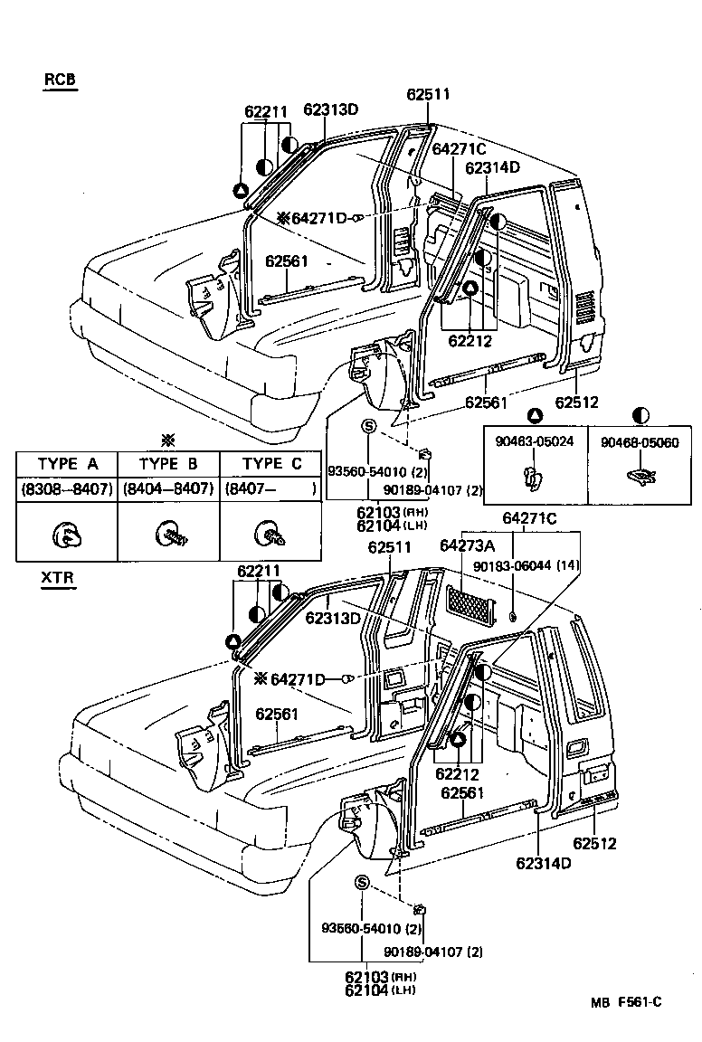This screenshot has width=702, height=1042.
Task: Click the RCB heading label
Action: (60, 80)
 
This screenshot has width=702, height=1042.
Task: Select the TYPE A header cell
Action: (67, 464)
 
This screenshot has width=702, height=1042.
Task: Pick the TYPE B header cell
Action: (168, 464)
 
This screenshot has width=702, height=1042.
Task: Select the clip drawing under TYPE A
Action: (67, 536)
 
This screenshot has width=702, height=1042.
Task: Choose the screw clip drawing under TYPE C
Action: (270, 535)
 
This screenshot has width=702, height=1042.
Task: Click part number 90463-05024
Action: (535, 442)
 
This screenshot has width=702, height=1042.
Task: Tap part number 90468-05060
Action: (640, 442)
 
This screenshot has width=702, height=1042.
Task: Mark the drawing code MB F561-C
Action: (626, 1001)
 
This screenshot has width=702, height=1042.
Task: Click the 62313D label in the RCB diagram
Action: (331, 110)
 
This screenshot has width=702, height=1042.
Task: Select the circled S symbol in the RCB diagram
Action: (369, 426)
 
